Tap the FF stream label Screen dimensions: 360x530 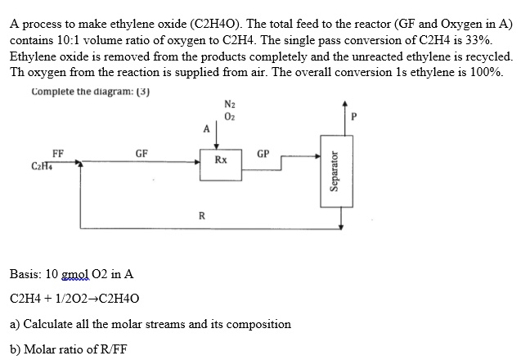pyautogui.click(x=57, y=152)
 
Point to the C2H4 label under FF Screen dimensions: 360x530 pyautogui.click(x=41, y=167)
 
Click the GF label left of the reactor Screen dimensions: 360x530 pyautogui.click(x=141, y=152)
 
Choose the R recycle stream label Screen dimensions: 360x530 pyautogui.click(x=201, y=216)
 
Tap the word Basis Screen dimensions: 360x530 pyautogui.click(x=28, y=274)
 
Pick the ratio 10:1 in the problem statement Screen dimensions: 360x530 pyautogui.click(x=74, y=40)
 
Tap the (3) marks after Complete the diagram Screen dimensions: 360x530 pyautogui.click(x=142, y=90)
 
